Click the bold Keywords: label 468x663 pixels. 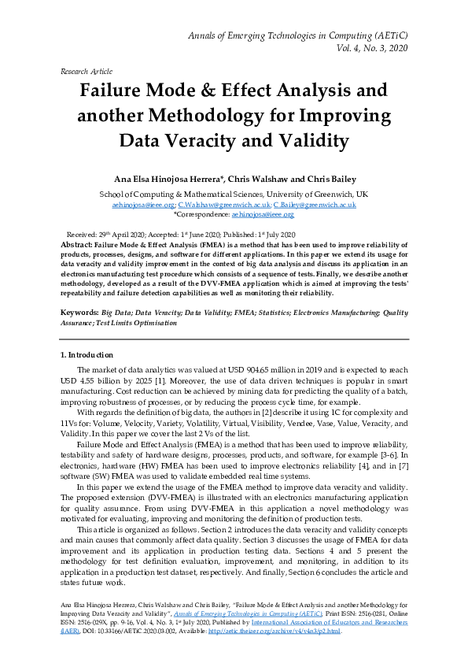tap(82, 313)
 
